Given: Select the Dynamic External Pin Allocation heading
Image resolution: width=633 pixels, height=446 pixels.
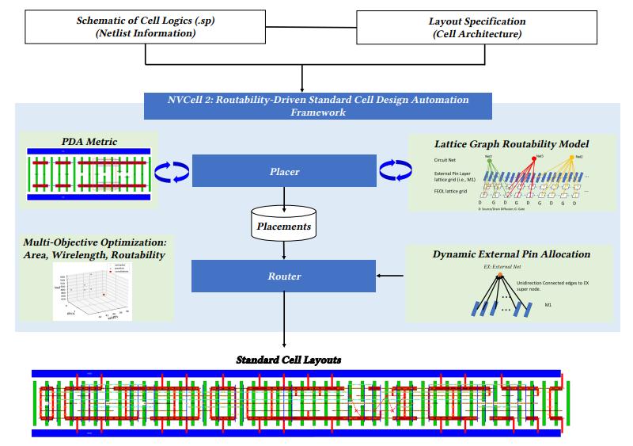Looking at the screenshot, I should point(511,254).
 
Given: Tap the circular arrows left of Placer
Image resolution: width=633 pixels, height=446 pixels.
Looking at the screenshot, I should point(170,171).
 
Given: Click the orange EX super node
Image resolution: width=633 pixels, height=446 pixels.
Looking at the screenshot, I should point(500,275).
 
